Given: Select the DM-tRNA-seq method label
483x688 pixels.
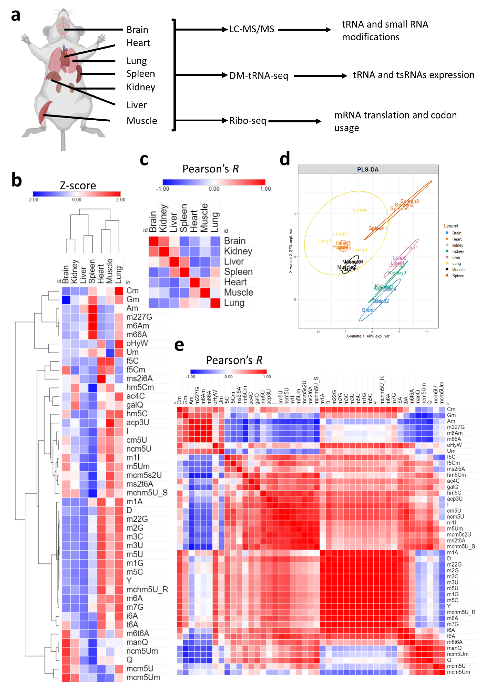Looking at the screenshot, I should coord(259,75).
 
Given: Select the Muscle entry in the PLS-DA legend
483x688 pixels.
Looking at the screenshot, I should coord(458,269).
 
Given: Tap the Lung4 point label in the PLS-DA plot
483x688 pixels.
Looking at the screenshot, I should coord(359,210).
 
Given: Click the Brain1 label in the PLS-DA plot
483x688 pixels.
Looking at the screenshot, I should coord(368,310).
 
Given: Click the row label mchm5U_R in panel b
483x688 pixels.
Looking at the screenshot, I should coord(147,589).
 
